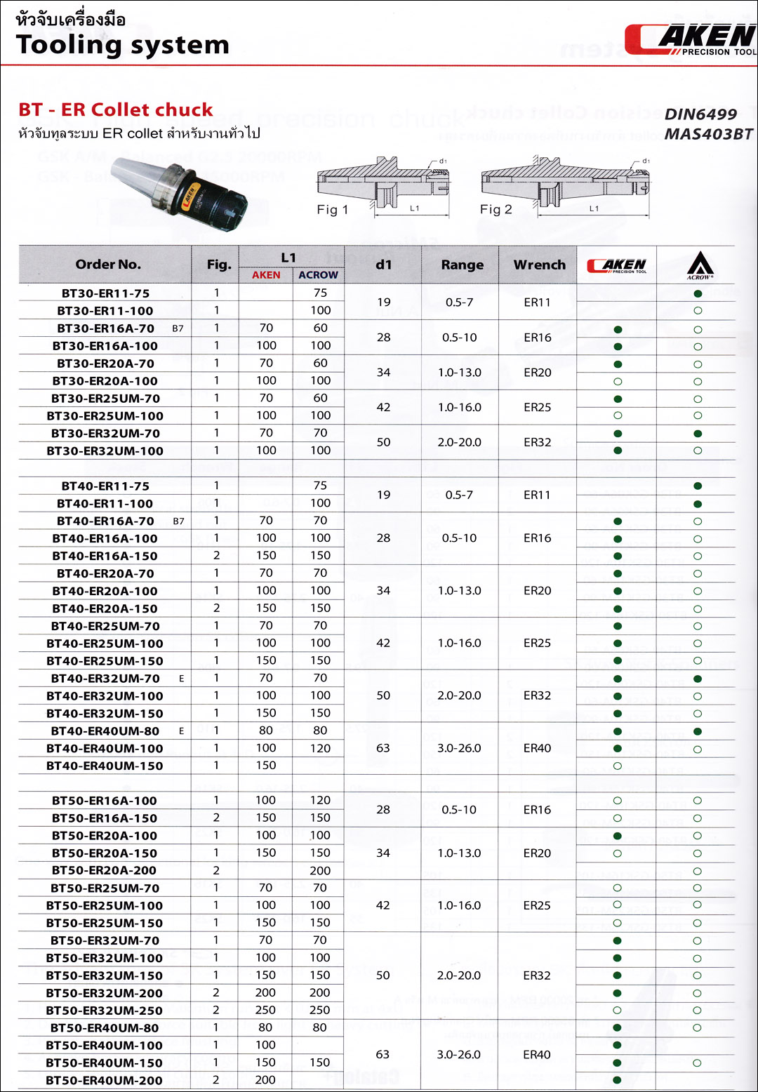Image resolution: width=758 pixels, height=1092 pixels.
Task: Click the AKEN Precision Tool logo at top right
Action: [691, 39]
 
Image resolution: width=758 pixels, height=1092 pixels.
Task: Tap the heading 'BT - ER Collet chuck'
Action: [116, 110]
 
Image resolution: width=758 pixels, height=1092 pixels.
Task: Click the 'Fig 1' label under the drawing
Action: [332, 210]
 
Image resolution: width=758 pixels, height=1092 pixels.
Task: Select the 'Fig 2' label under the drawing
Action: [496, 210]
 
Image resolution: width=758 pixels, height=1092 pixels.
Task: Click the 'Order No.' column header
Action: [108, 265]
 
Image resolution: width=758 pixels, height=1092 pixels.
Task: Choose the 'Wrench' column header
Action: [539, 265]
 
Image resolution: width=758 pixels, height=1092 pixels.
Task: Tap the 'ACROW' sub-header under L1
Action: [318, 275]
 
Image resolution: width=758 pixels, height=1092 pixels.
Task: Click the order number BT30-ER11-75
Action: [105, 293]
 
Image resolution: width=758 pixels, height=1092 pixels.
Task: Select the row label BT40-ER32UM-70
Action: [105, 679]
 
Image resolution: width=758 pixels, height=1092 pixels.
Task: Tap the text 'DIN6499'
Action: [700, 114]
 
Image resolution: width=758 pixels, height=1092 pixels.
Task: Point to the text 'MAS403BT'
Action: [707, 134]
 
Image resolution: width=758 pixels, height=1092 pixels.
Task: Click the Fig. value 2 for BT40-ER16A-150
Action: [216, 556]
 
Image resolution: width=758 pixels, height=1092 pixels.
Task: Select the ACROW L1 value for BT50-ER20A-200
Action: [320, 871]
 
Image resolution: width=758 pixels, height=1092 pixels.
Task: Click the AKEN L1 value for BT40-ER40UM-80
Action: [266, 731]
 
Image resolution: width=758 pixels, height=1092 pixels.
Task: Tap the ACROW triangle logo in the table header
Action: [700, 265]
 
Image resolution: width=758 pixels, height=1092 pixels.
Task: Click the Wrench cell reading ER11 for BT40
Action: [537, 495]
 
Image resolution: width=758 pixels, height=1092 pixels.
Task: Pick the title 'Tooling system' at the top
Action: [123, 45]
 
